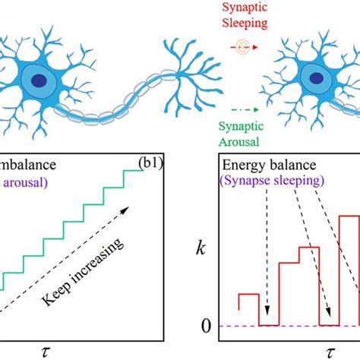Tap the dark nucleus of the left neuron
37,80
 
